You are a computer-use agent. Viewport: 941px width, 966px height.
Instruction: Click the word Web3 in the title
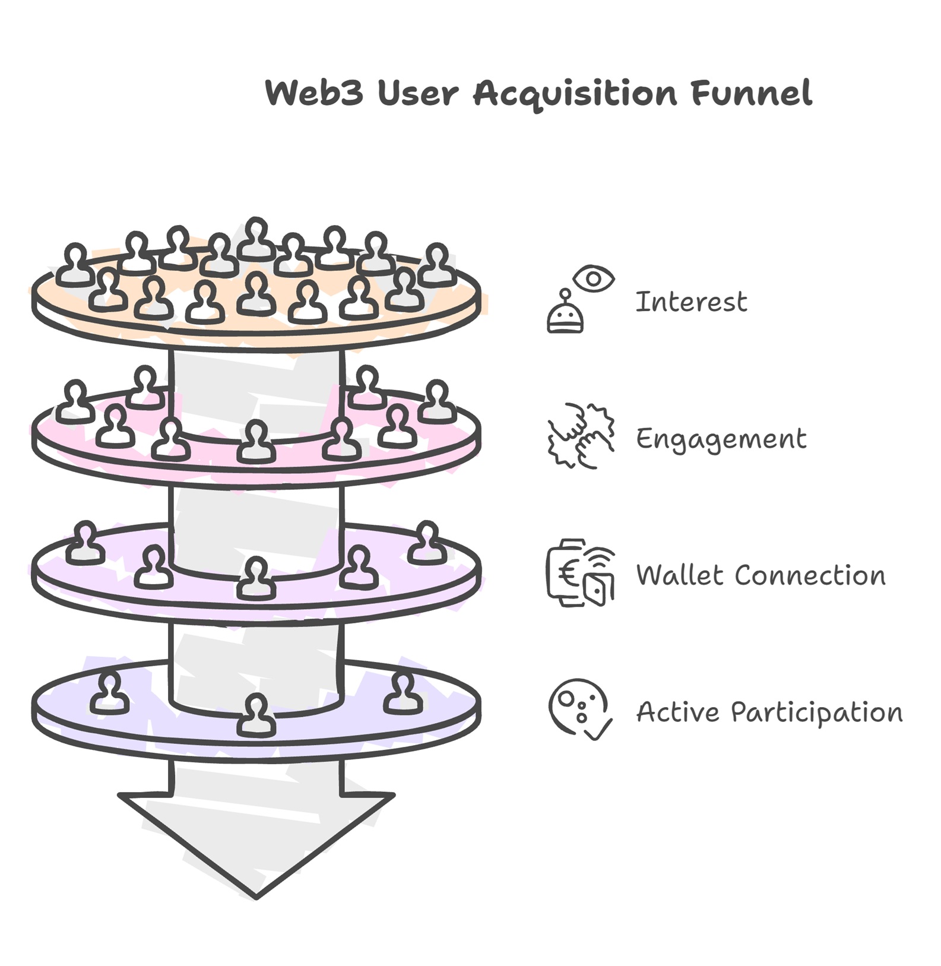(313, 93)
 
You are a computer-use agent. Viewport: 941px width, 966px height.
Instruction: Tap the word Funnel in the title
(751, 93)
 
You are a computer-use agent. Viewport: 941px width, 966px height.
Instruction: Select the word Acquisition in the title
(575, 94)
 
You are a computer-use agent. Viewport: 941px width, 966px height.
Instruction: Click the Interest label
(691, 302)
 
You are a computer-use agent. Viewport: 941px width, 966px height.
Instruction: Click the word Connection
(810, 575)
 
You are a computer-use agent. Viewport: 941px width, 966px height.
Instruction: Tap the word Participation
(817, 712)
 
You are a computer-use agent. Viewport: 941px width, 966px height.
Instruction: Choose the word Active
(677, 711)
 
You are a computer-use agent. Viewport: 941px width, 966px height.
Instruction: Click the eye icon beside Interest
(594, 278)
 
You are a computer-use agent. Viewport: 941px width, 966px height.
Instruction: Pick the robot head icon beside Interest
(565, 315)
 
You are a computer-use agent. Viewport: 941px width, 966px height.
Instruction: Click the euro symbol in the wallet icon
(568, 574)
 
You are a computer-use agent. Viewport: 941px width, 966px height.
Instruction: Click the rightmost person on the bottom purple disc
(403, 692)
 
